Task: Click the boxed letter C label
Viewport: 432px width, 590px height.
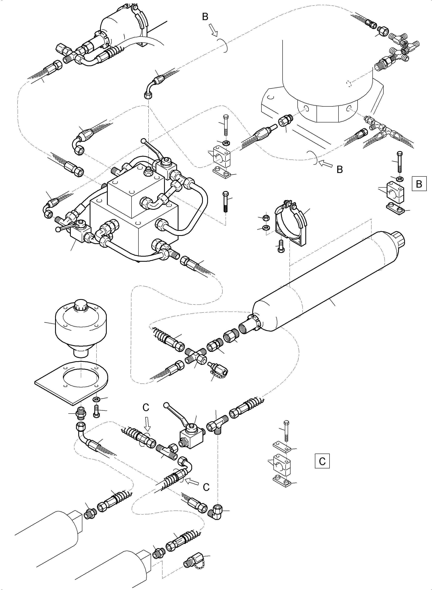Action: [322, 461]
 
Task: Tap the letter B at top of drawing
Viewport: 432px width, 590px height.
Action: [205, 17]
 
